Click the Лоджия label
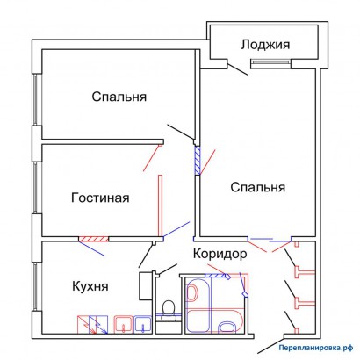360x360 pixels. (x=265, y=45)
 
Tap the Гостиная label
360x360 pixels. (x=100, y=198)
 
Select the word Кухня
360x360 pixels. (x=90, y=286)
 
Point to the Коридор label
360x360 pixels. (x=220, y=254)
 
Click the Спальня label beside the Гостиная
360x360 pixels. (x=119, y=97)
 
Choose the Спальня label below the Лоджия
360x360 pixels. (x=257, y=187)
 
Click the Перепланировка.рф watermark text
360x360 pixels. (x=316, y=348)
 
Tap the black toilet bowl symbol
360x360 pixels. (x=169, y=307)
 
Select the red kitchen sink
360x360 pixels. (x=124, y=324)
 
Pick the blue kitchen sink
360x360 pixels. (x=143, y=324)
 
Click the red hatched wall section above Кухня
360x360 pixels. (x=93, y=239)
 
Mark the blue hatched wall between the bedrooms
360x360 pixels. (x=198, y=161)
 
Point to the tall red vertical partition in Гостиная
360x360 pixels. (x=160, y=205)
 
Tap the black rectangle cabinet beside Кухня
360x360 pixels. (x=145, y=286)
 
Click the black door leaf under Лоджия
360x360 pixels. (x=238, y=69)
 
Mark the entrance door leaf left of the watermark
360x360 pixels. (x=270, y=346)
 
